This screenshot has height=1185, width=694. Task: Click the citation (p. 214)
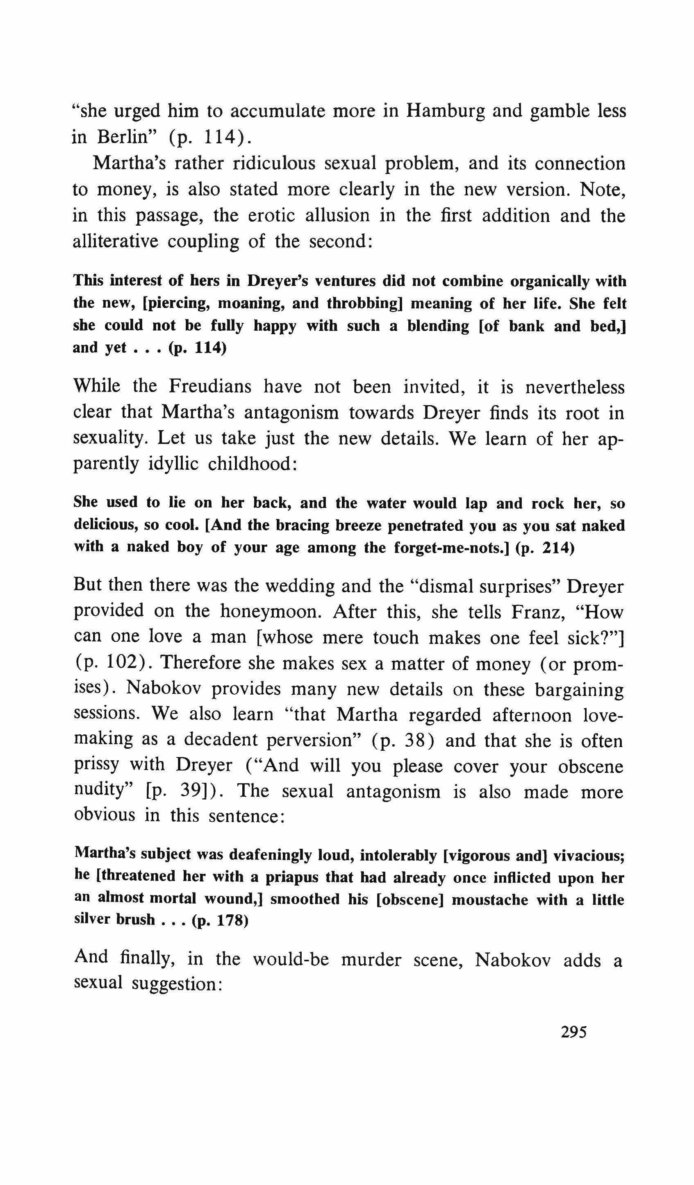[545, 548]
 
